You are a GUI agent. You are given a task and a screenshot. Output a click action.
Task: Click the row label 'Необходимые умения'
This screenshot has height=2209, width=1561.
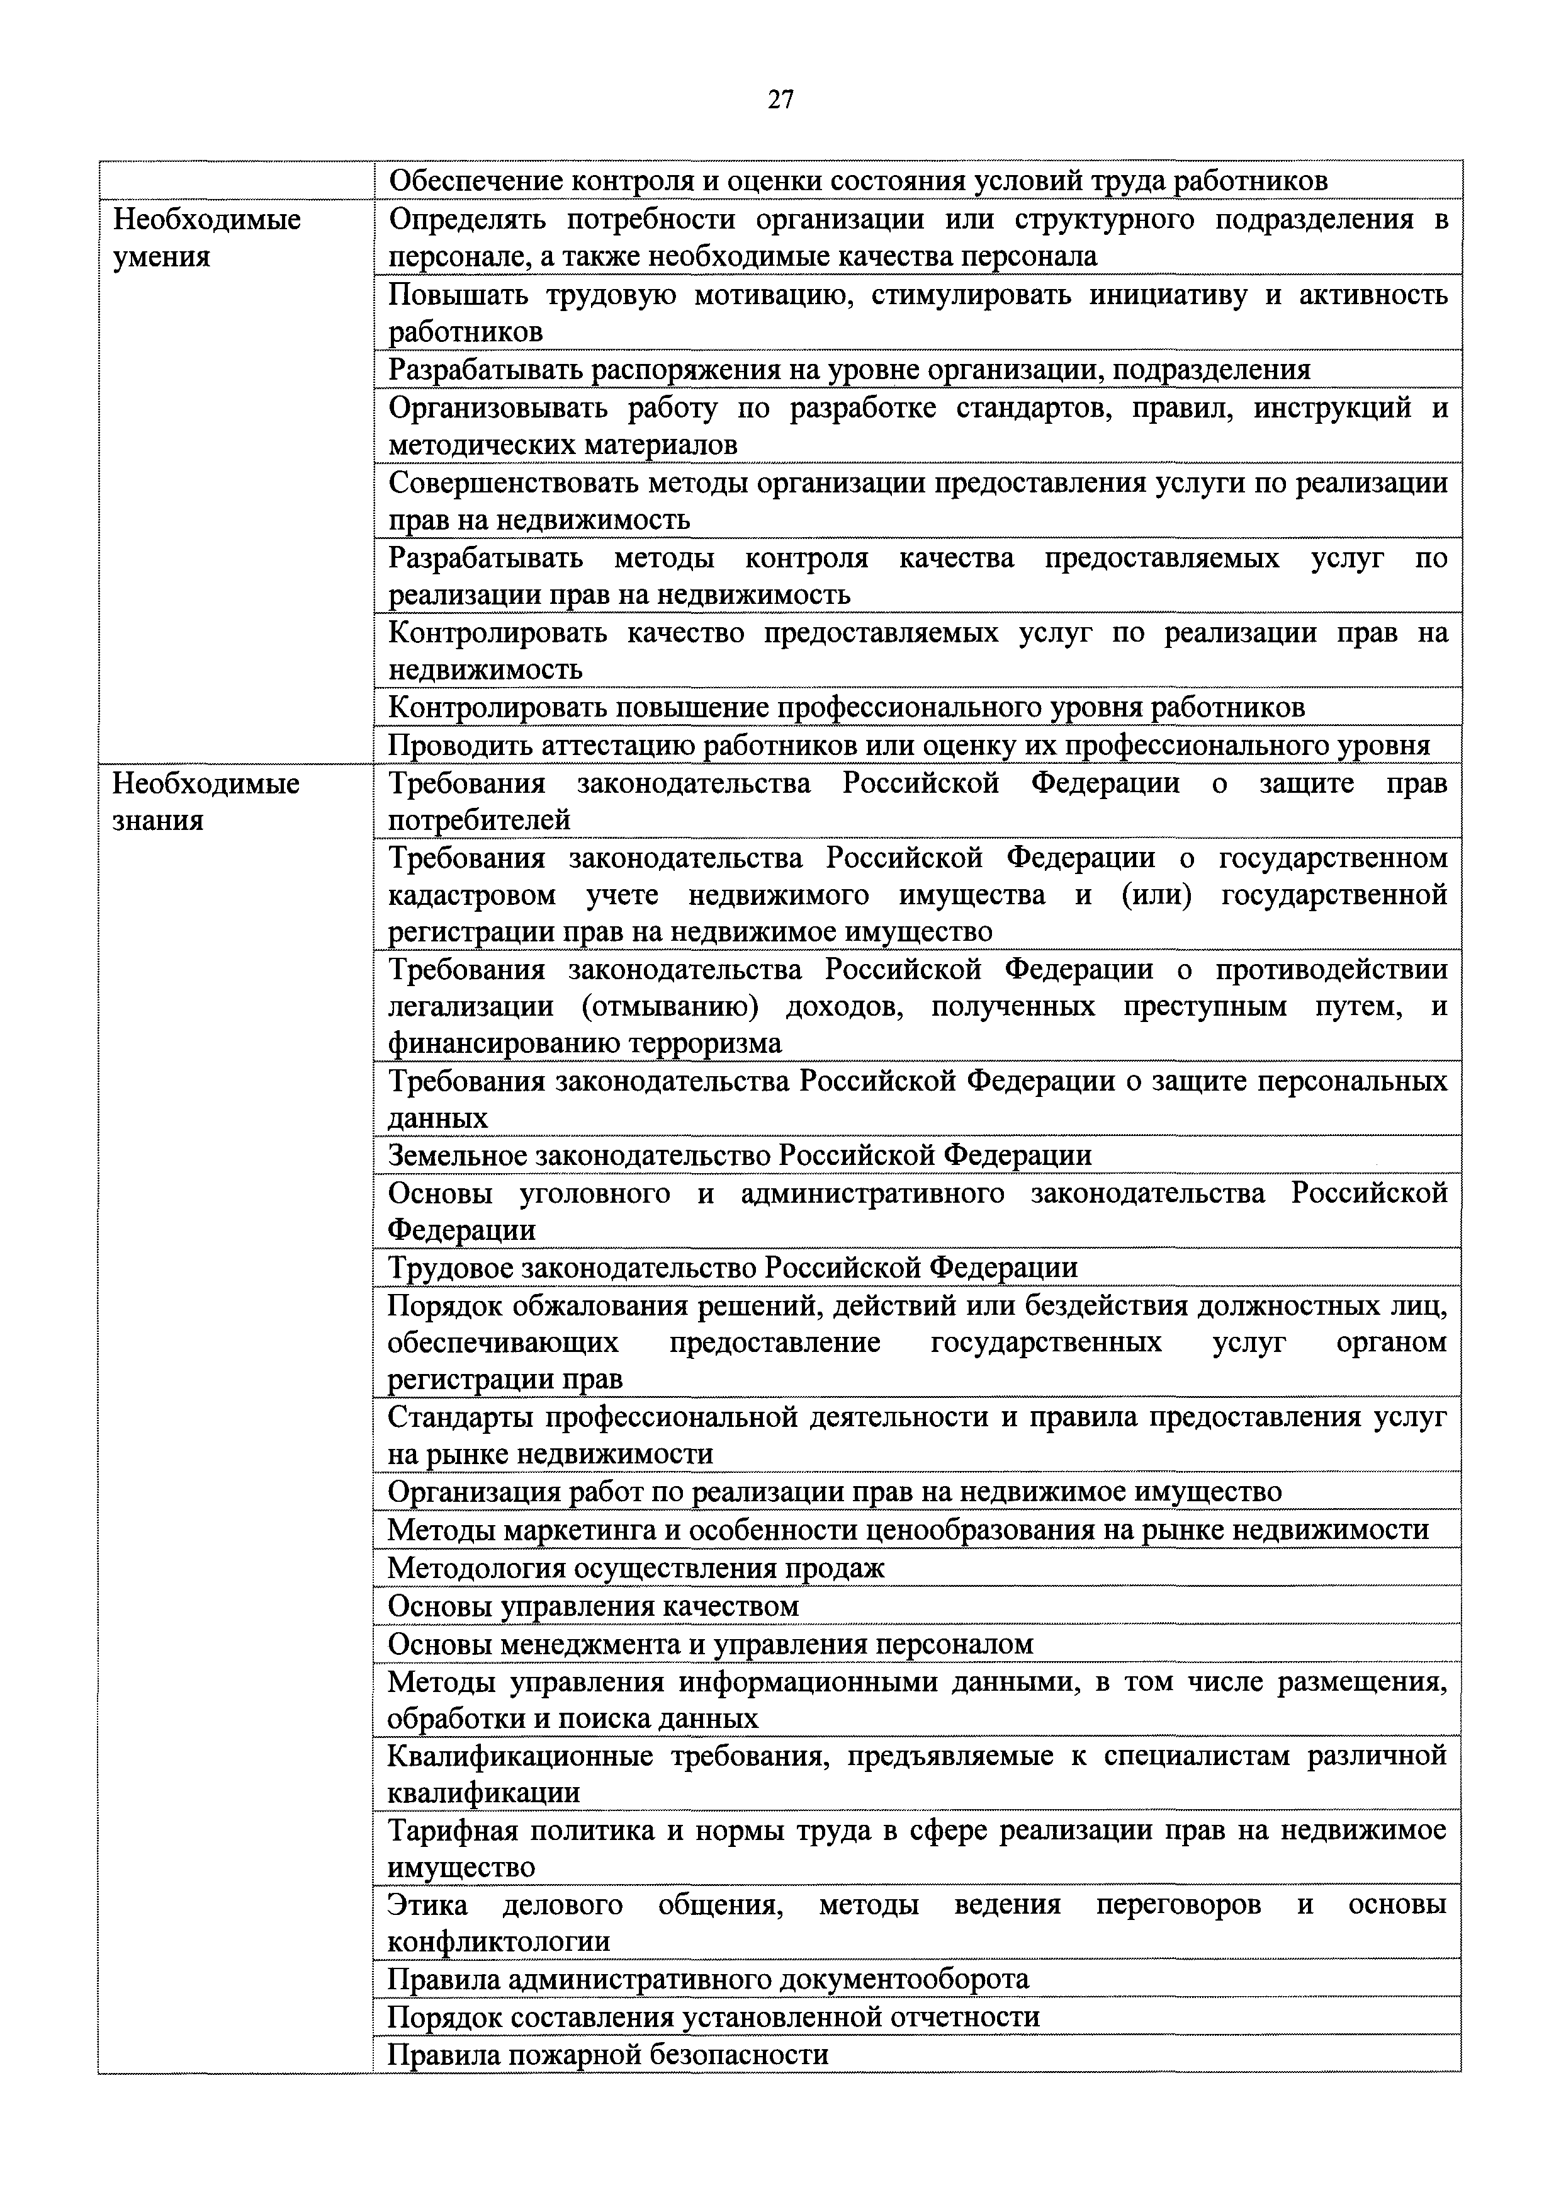pos(207,237)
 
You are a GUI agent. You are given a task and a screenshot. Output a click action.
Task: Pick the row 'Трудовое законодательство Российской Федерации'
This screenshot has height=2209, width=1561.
pos(732,1267)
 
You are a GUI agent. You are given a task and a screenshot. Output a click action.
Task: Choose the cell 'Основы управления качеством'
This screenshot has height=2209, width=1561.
pos(594,1606)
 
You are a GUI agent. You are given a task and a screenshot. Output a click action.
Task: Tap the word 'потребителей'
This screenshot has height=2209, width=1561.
pos(479,820)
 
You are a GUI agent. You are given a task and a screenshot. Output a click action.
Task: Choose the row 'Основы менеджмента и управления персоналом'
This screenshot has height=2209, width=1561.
pos(711,1644)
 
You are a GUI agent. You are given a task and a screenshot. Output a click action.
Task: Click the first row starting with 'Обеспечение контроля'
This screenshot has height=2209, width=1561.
pos(858,181)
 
